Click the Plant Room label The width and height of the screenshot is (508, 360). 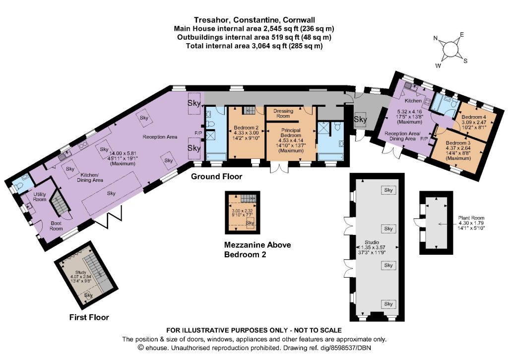[x=471, y=218]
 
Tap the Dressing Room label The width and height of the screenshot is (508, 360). [x=283, y=113]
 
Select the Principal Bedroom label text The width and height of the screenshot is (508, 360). [x=291, y=133]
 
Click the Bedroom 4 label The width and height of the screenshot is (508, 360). [x=474, y=117]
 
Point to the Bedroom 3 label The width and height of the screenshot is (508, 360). [x=458, y=143]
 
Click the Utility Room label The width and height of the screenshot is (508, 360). [x=40, y=197]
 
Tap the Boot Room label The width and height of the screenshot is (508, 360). [x=56, y=226]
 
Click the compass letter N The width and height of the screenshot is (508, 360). [x=436, y=38]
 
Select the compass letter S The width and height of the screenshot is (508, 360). [x=465, y=61]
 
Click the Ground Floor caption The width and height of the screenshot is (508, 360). [x=216, y=176]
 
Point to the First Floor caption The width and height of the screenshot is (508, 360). [x=89, y=317]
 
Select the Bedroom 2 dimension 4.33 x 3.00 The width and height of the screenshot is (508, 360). [x=246, y=133]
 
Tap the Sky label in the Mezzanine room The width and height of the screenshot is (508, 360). [x=250, y=223]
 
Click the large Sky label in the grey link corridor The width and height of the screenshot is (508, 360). [x=360, y=119]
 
